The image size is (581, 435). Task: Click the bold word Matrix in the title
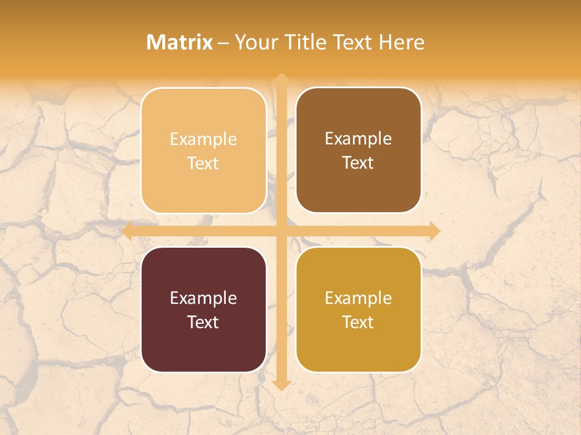[x=180, y=42]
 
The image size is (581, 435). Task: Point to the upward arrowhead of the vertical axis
[x=281, y=78]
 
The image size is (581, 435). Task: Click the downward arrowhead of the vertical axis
[x=281, y=385]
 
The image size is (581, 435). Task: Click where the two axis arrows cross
[x=281, y=231]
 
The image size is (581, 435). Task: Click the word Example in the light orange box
[x=203, y=140]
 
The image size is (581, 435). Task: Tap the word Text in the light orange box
[x=203, y=163]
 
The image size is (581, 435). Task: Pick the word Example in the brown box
[x=358, y=139]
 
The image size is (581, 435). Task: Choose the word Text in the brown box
[x=358, y=163]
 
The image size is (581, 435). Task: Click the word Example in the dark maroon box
[x=203, y=298]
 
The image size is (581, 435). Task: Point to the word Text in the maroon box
[x=203, y=322]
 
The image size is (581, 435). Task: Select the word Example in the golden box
[x=358, y=298]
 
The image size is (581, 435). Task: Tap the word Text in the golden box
[x=358, y=322]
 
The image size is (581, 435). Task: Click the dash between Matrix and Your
[x=223, y=43]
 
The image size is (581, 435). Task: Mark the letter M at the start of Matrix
[x=154, y=42]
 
